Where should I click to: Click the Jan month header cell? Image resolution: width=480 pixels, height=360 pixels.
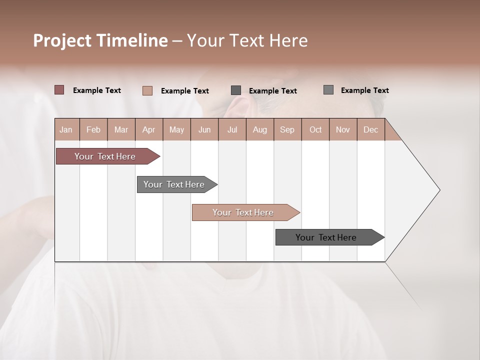(66, 129)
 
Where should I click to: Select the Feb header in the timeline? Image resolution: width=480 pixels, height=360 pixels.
(93, 129)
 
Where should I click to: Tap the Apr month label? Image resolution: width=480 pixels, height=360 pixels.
(148, 129)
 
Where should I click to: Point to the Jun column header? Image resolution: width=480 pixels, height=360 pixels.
(204, 129)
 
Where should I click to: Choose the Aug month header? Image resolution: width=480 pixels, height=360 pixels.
(259, 129)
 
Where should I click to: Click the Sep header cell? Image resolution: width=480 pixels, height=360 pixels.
(287, 129)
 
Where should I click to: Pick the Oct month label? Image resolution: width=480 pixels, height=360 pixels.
(315, 129)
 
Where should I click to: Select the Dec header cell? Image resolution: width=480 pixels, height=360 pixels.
(370, 129)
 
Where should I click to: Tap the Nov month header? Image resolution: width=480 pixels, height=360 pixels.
(342, 129)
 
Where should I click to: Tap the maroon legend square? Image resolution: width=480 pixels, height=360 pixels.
(59, 90)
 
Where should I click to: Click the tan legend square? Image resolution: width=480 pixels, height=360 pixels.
(147, 90)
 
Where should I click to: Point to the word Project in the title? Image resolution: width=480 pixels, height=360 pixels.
(62, 40)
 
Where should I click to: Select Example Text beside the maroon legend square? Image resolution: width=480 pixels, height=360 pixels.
(97, 90)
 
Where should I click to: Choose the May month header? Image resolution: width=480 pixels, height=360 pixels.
(176, 129)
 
